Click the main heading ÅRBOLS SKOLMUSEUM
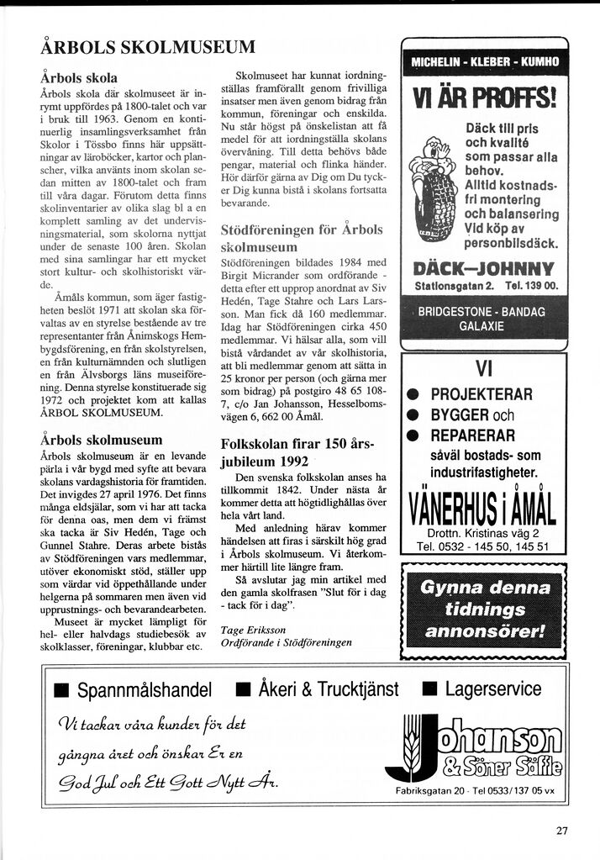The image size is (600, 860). tap(148, 47)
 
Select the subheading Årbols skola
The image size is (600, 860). tap(79, 78)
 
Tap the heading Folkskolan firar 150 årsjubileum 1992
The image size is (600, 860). tap(297, 452)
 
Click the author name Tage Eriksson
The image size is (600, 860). tap(253, 630)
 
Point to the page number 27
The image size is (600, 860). tap(561, 831)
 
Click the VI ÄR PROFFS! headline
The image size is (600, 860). tap(485, 98)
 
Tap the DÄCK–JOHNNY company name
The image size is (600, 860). tap(485, 270)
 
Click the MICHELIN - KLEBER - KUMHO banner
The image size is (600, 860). tap(485, 61)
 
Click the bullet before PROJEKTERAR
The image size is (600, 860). tap(413, 395)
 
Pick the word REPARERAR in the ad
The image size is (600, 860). tap(473, 435)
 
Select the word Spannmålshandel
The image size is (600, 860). tap(144, 690)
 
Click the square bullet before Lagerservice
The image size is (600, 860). tap(429, 690)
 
